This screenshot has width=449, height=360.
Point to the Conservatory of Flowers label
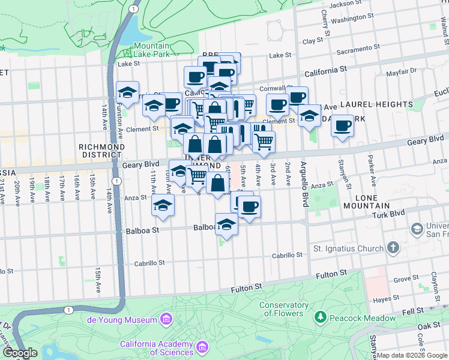tap(284, 308)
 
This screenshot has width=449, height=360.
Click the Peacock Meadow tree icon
tap(321, 316)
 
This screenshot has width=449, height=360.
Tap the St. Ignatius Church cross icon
tap(393, 248)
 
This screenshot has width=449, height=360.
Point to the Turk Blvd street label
tap(385, 215)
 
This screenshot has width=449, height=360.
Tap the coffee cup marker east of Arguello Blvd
tap(342, 126)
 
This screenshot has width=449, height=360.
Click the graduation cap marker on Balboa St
tap(226, 225)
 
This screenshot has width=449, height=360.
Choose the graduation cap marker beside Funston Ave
tap(127, 93)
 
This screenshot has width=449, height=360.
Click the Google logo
tap(20, 353)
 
